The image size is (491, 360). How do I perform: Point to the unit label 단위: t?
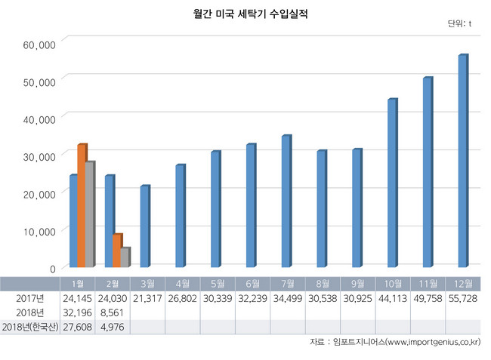click(459, 24)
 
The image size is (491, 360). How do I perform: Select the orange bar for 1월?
click(82, 205)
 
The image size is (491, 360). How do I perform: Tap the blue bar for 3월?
click(144, 226)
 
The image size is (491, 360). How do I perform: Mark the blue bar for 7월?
click(286, 201)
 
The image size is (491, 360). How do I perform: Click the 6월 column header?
click(251, 284)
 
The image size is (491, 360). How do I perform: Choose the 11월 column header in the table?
click(428, 284)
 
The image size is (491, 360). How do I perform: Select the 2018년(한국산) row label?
click(30, 327)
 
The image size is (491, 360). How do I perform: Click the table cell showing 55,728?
click(463, 298)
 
